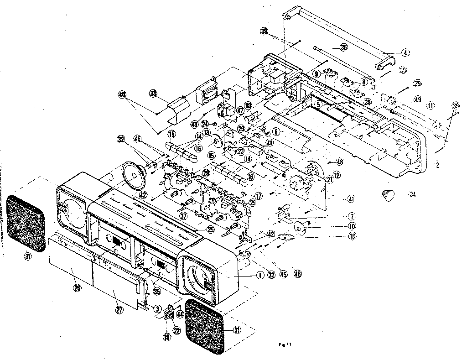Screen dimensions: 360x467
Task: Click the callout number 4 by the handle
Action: [x=405, y=52]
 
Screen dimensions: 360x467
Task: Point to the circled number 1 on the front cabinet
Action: [x=259, y=275]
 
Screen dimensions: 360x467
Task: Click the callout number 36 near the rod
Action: [x=343, y=47]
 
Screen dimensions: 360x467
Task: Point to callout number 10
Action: [x=352, y=226]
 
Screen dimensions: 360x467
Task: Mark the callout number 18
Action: [x=352, y=236]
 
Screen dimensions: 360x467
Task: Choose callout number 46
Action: [x=298, y=275]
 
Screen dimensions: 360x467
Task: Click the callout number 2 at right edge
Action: [x=437, y=166]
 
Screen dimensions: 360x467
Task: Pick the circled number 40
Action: [x=122, y=95]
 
